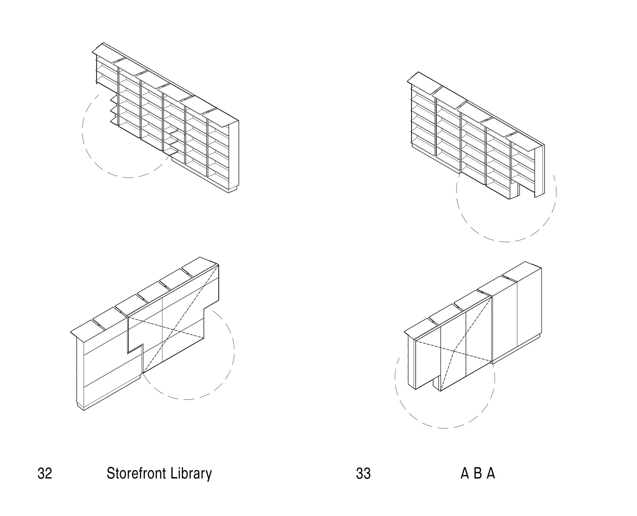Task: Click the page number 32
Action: tap(45, 474)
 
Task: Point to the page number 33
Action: tap(363, 474)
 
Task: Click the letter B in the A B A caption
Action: tap(477, 474)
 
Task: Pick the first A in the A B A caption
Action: tap(465, 474)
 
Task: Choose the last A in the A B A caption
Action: tap(491, 474)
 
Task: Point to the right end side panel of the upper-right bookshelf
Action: tap(540, 172)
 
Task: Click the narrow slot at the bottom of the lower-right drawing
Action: tap(436, 384)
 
